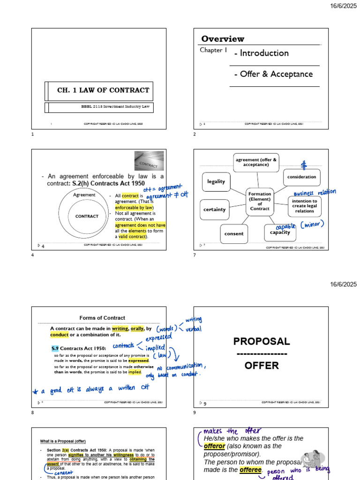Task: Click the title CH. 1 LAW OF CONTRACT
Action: [x=103, y=90]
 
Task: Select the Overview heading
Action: [x=223, y=39]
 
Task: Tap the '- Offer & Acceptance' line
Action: [x=273, y=74]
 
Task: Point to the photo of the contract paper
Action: [x=149, y=161]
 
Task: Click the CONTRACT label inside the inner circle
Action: [x=87, y=217]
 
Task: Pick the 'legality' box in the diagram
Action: [x=216, y=181]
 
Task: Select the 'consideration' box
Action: [x=301, y=177]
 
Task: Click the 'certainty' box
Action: [x=215, y=210]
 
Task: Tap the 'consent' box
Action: [x=234, y=233]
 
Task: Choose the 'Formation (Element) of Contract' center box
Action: [x=260, y=201]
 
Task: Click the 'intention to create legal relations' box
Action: [x=304, y=206]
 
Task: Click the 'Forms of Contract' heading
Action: [x=102, y=318]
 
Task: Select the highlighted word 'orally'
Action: [x=137, y=329]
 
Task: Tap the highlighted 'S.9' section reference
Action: [x=55, y=348]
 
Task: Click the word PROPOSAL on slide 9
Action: [x=262, y=341]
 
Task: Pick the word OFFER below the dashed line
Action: [x=262, y=366]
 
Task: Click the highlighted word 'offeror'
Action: [x=214, y=446]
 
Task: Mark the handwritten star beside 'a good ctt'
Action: [x=36, y=391]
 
